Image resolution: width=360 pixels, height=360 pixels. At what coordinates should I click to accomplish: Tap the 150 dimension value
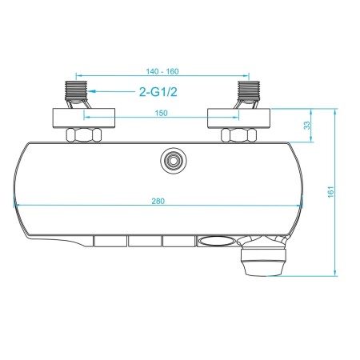click(162, 113)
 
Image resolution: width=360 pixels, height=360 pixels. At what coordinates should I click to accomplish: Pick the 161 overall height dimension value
click(330, 192)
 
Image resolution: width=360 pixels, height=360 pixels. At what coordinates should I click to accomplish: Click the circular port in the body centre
click(170, 160)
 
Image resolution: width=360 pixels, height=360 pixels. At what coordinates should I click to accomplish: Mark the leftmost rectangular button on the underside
click(109, 241)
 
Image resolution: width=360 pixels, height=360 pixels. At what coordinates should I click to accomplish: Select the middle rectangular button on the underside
click(143, 241)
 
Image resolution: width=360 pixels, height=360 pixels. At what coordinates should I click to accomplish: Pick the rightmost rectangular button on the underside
click(178, 241)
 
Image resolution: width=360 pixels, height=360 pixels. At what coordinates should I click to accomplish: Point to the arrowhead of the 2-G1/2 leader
click(89, 91)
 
